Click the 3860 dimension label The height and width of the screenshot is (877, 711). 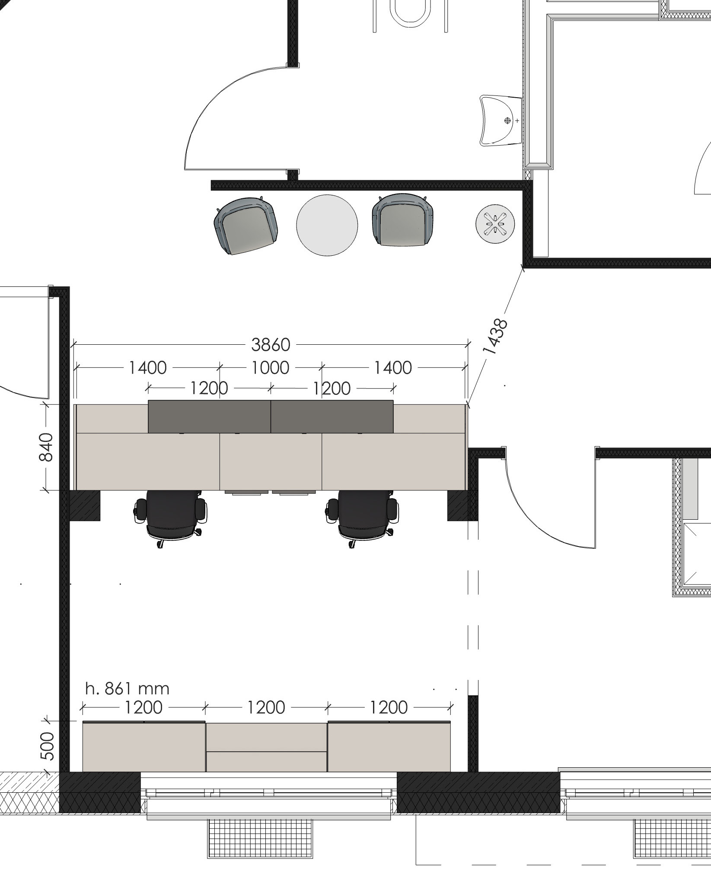(271, 345)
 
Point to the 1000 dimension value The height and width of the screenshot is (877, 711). (271, 368)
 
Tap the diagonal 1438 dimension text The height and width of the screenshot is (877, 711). (496, 337)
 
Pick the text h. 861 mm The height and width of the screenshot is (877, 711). (128, 688)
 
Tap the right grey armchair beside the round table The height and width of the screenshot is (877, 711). (403, 220)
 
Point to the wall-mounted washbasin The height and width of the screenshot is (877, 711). (501, 121)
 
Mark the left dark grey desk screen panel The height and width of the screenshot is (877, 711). (210, 416)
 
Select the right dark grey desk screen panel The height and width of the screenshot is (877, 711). (332, 416)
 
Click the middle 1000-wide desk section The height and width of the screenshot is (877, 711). (271, 461)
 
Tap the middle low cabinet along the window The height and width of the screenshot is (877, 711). (266, 747)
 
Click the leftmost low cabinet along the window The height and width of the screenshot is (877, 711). (144, 746)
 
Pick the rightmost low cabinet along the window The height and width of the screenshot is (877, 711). (389, 746)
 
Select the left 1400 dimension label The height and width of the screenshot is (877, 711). (148, 368)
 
